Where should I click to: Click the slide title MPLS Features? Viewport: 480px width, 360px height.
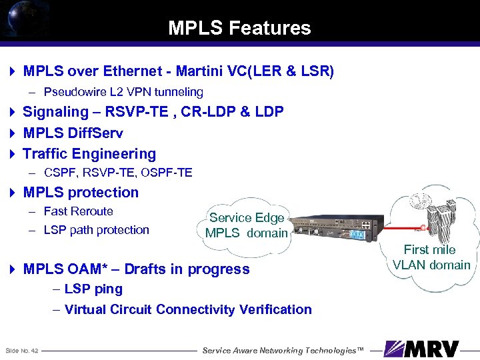[x=239, y=28]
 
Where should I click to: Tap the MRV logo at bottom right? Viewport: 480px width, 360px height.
[x=423, y=349]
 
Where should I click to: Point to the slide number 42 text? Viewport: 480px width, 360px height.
[x=22, y=351]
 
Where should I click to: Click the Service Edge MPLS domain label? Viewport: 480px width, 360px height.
[x=247, y=225]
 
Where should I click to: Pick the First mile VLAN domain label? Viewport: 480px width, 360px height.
[x=431, y=257]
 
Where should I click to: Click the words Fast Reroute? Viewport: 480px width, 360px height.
[x=78, y=211]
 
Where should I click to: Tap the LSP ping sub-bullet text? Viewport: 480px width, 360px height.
[x=93, y=289]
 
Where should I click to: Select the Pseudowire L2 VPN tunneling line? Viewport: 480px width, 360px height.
[x=123, y=92]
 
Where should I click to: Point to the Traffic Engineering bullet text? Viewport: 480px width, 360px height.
[x=89, y=153]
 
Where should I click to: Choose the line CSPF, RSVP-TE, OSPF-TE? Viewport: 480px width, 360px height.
[x=118, y=173]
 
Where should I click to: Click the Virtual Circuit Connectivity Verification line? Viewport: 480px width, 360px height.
[x=188, y=309]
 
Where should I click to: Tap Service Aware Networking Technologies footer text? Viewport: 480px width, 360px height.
[x=283, y=351]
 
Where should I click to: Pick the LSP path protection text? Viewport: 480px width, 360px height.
[x=96, y=230]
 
